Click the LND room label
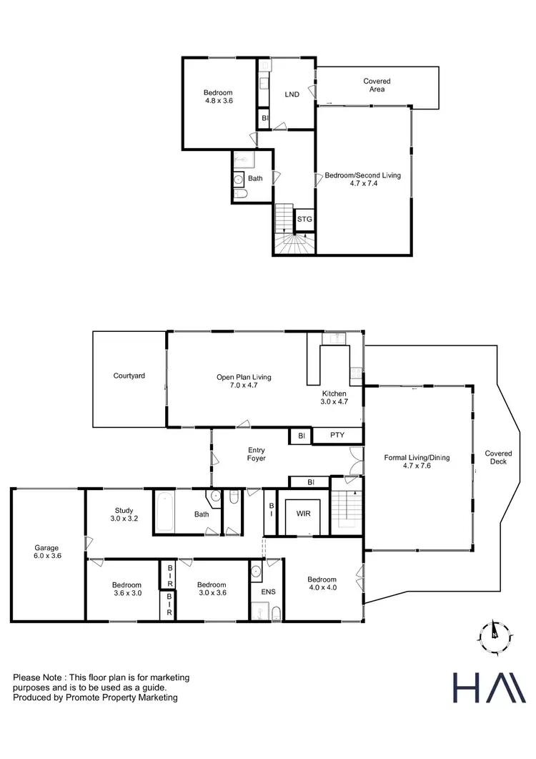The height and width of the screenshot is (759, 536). (x=292, y=94)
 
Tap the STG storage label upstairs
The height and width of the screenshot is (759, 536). (x=304, y=219)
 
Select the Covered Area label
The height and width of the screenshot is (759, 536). (x=377, y=85)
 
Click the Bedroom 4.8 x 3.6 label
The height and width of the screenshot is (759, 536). (x=218, y=97)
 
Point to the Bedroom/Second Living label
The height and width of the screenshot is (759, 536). (x=363, y=179)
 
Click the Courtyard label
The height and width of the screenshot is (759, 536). (x=129, y=376)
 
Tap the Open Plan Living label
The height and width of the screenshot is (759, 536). (x=244, y=381)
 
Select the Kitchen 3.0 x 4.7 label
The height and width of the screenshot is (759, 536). (x=334, y=398)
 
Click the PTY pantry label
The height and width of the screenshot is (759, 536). (x=338, y=435)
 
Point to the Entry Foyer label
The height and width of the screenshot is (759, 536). (x=256, y=454)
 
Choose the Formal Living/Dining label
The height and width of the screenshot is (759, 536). (x=417, y=461)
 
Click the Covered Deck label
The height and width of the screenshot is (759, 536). (x=498, y=458)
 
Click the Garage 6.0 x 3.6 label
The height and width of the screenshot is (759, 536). (x=47, y=552)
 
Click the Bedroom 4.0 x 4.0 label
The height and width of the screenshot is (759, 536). (x=322, y=583)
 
